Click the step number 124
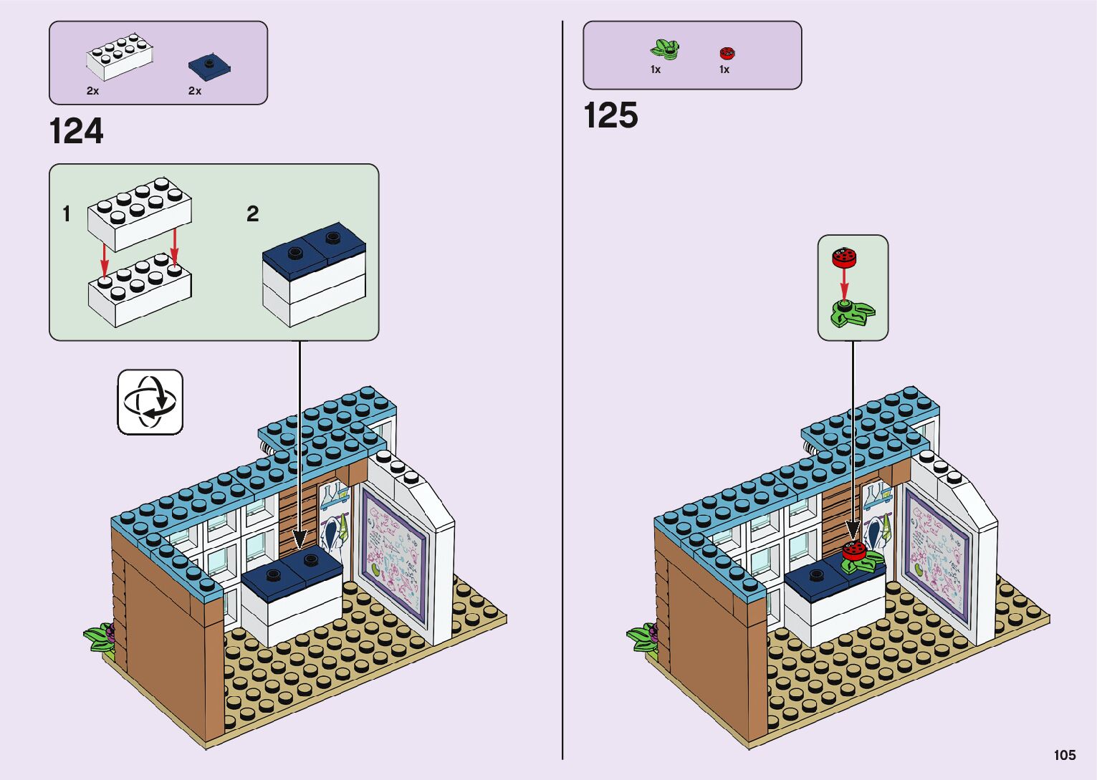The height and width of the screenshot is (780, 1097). point(76,132)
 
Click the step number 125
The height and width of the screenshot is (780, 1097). point(610,116)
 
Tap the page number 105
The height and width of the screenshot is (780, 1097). point(1064,755)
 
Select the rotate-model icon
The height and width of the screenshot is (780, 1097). point(150,402)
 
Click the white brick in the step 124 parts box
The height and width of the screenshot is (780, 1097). point(120,57)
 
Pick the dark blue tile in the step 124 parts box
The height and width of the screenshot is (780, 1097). point(210,65)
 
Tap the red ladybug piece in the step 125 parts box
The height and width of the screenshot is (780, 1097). point(727,53)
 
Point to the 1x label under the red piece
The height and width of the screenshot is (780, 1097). point(724,69)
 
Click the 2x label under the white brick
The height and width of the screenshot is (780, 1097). point(93,91)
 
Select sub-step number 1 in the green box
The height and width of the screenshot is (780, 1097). point(67,213)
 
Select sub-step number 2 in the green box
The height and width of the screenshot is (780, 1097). point(252,213)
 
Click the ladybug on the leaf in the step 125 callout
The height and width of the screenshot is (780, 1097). point(844,256)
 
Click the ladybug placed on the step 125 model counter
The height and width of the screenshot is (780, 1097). point(853,551)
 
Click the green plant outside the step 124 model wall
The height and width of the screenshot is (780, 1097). point(99,637)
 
